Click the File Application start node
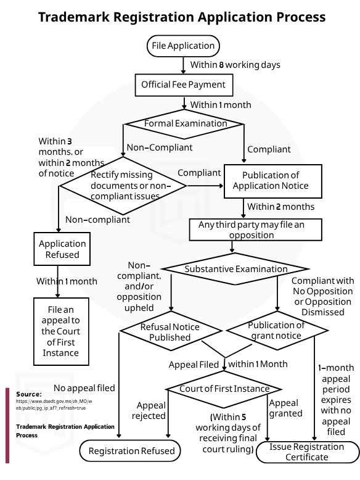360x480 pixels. point(183,46)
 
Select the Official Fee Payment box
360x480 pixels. point(184,85)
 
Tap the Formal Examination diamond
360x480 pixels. point(184,124)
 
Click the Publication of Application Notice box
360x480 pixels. point(273,181)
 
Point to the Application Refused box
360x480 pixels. point(62,249)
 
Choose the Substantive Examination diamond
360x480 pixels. point(235,269)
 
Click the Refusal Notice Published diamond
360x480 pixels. point(171,331)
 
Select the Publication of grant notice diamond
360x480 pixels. point(277,330)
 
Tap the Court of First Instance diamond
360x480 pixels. point(224,389)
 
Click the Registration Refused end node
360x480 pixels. point(130,451)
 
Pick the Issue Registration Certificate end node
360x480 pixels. point(308,452)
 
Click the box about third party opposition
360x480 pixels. point(256,230)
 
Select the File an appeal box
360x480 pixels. point(61,331)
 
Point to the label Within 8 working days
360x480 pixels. point(235,65)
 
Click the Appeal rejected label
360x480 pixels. point(149,410)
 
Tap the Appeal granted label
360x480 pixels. point(285,408)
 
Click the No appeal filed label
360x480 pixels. point(84,388)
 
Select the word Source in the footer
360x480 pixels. point(29,394)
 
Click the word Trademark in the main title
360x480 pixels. point(74,17)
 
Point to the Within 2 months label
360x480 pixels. point(280,207)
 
